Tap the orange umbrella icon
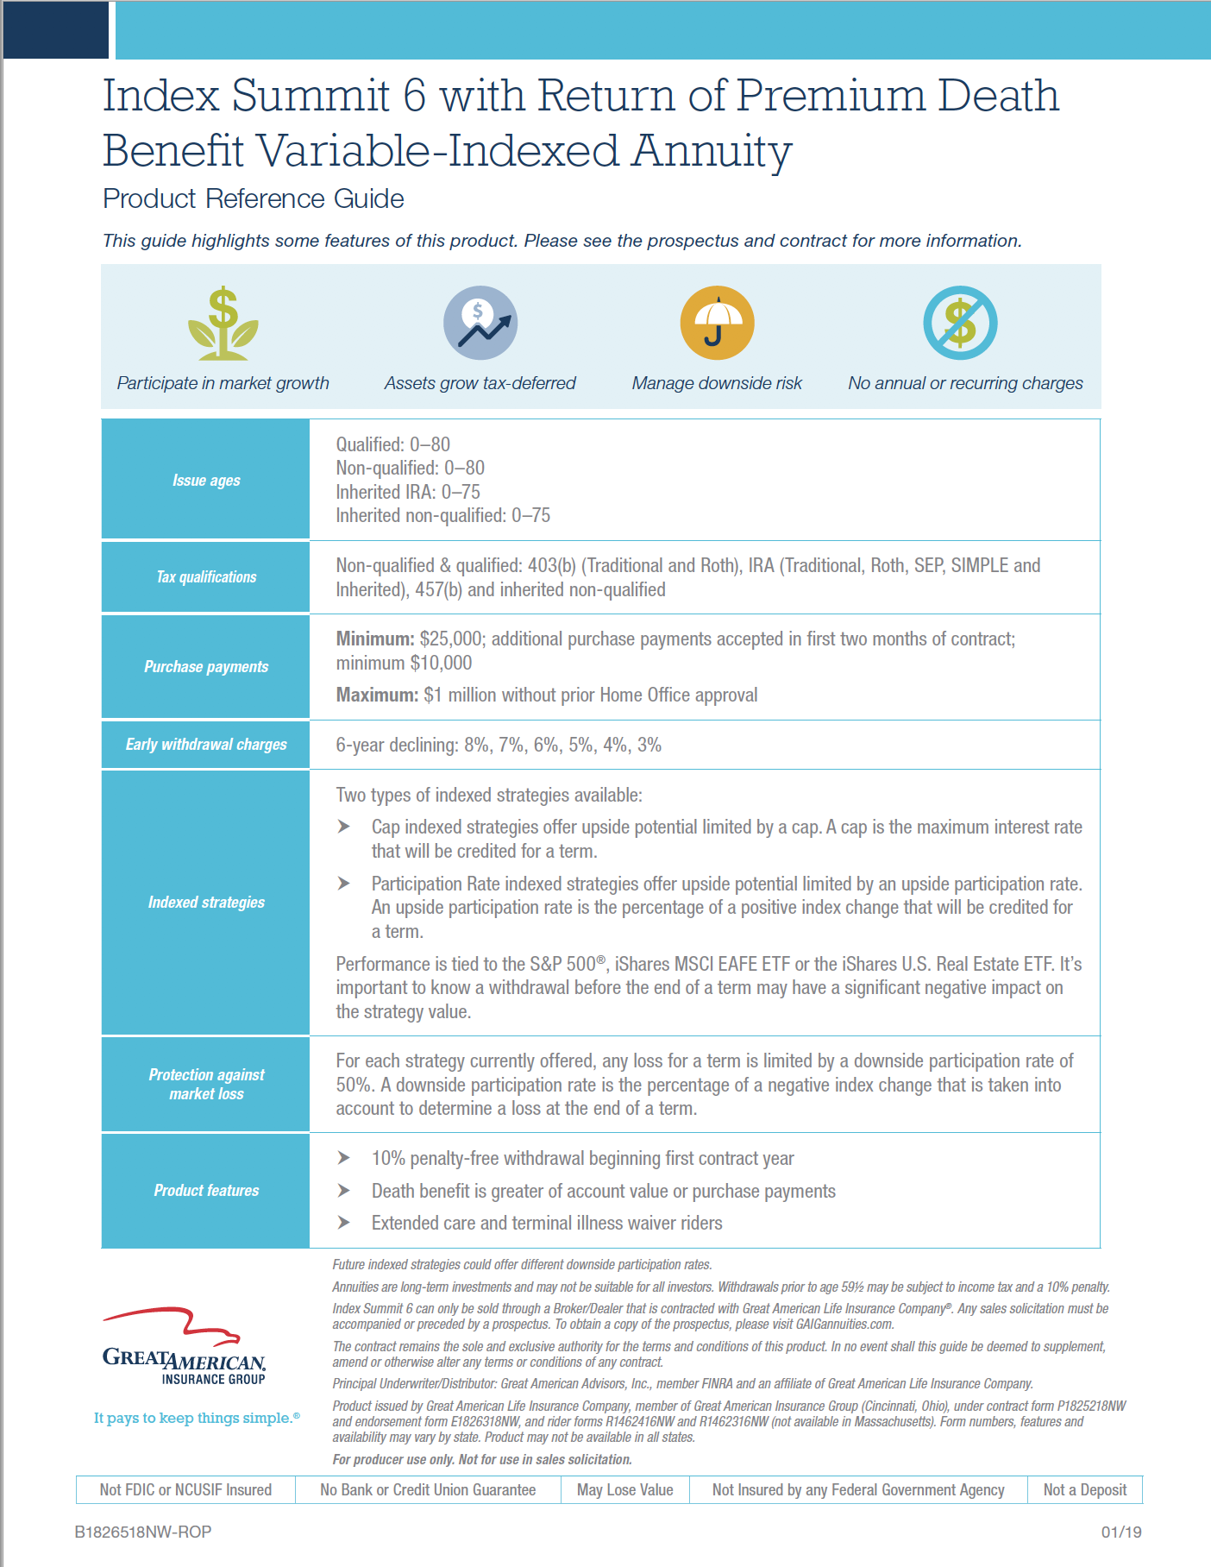(717, 323)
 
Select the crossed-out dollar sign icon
(960, 323)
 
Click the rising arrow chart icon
(480, 323)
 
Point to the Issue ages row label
(206, 481)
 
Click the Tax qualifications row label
(206, 577)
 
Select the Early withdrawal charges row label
(206, 745)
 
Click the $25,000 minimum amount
(451, 639)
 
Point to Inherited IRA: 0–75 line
(408, 492)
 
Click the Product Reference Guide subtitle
(254, 199)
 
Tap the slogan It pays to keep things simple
(196, 1418)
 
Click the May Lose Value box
(624, 1490)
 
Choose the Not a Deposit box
(1084, 1490)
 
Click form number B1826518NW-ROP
(143, 1532)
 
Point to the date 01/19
(1120, 1532)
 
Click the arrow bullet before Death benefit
(344, 1191)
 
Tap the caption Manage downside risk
(717, 383)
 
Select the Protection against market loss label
(206, 1085)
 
